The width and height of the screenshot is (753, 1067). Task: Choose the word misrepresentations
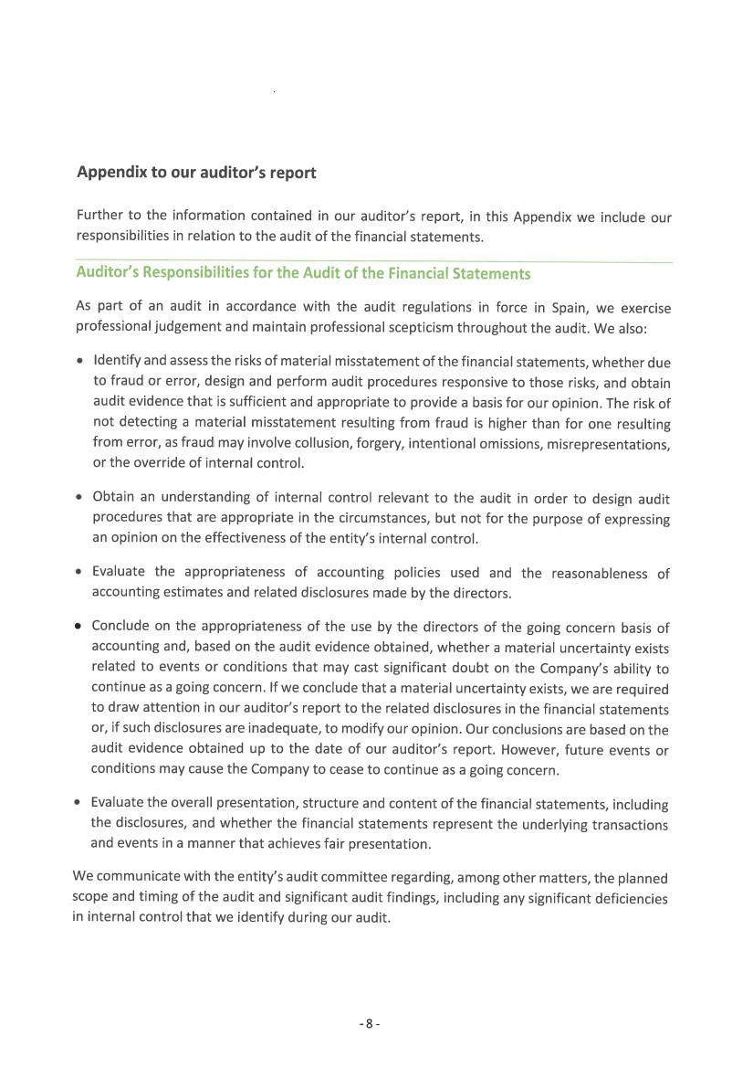point(611,444)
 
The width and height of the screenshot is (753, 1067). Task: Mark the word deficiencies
point(629,897)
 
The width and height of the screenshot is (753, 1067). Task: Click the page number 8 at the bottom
point(369,1024)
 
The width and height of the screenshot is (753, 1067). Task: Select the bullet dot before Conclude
point(80,627)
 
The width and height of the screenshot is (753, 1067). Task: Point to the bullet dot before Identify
point(80,363)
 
